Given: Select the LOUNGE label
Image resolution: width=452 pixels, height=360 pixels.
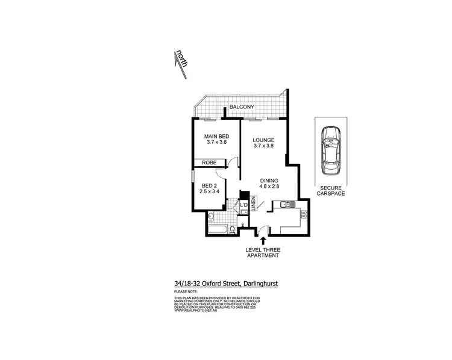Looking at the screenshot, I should tap(263, 138).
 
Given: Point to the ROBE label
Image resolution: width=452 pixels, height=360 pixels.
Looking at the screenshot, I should tap(209, 163).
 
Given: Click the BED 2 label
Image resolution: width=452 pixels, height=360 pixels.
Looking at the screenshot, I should tap(209, 186).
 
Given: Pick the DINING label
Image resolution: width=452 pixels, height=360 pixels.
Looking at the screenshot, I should tap(270, 181).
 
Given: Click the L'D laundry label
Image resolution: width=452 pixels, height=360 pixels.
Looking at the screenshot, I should tap(243, 207).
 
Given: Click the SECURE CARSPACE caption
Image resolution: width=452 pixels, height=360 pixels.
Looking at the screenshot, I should tap(331, 190).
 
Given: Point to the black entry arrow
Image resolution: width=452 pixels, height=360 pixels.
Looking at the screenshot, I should tap(262, 241).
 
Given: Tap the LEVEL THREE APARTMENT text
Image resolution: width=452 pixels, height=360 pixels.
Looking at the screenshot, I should tap(262, 252).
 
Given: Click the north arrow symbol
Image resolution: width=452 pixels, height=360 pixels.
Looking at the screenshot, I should tap(180, 63).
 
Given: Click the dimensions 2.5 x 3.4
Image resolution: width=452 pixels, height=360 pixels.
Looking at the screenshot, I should tap(209, 193).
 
